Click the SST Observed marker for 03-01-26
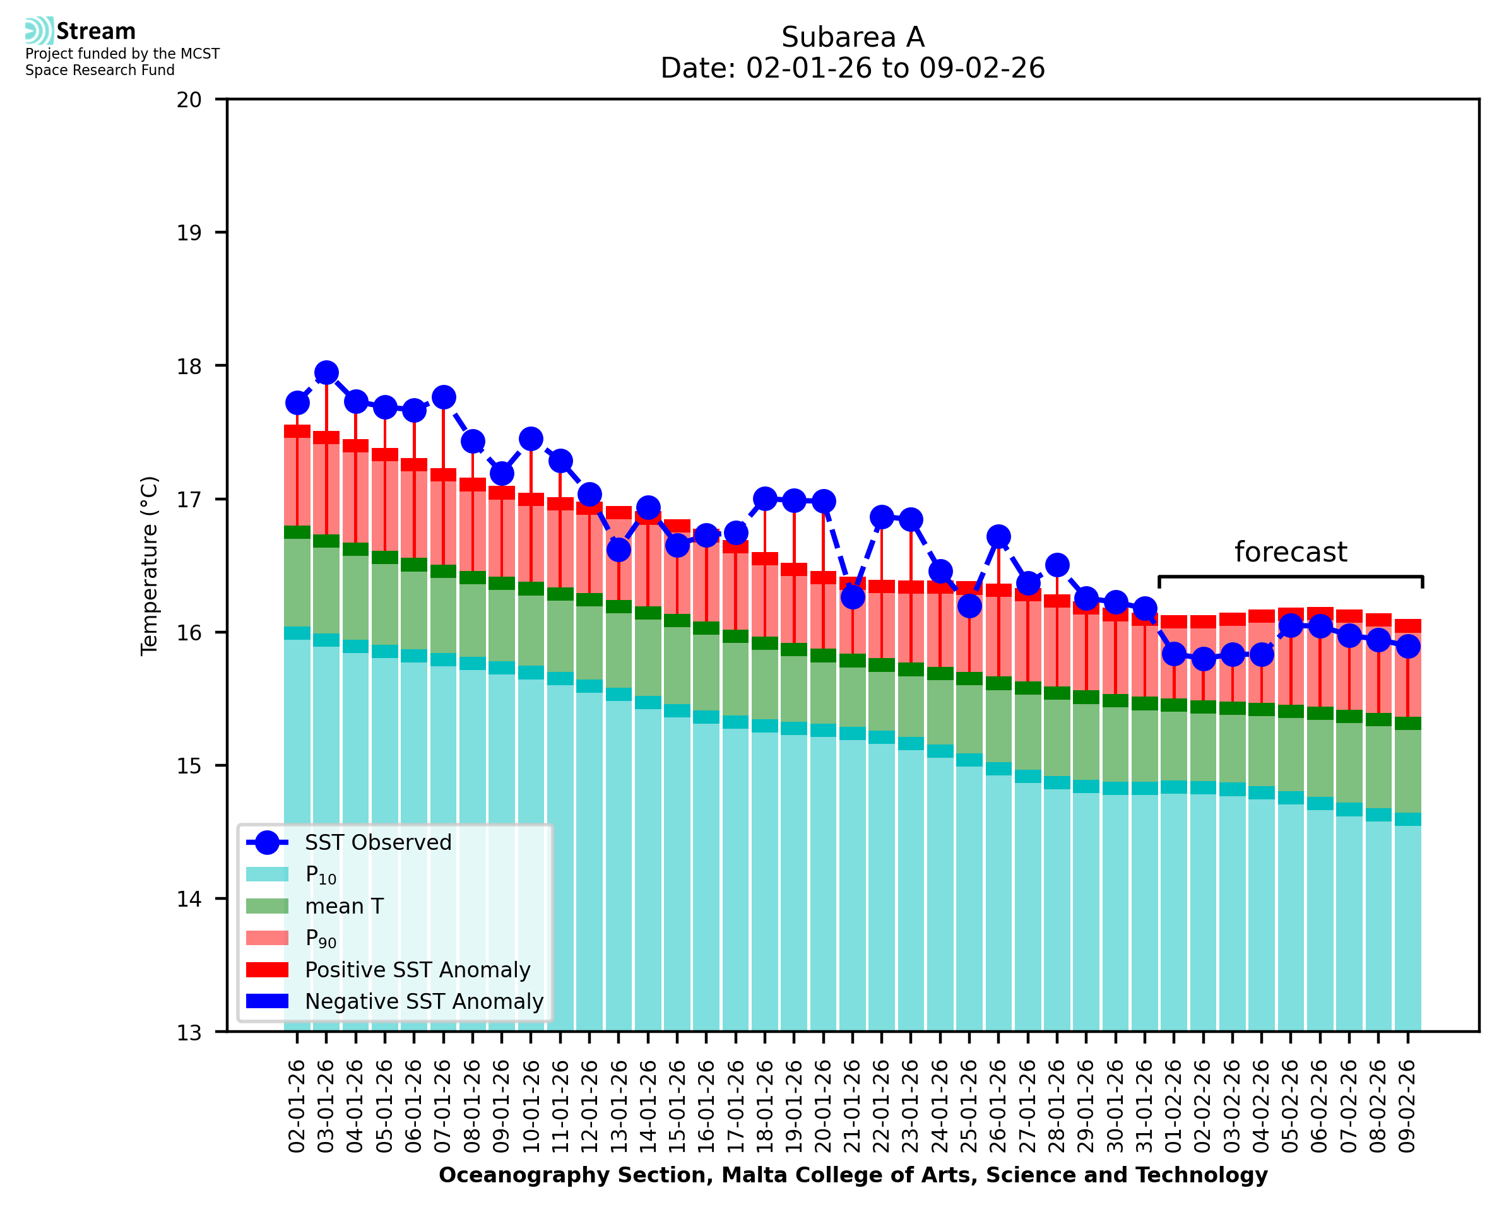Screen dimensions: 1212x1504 coord(326,373)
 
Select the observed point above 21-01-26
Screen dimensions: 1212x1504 coord(852,597)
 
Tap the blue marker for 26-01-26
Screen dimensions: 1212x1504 coord(998,536)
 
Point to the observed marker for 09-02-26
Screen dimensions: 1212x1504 coord(1407,647)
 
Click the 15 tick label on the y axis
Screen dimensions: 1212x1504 coord(189,766)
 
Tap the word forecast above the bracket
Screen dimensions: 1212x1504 coord(1289,552)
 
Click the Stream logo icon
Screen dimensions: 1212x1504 coord(39,31)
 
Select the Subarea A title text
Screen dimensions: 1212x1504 coord(852,37)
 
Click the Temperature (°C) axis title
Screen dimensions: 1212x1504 coord(150,565)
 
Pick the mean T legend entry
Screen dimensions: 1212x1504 coord(344,906)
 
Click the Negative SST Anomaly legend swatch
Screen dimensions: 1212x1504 coord(267,1001)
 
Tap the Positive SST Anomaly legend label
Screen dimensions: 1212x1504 coord(418,970)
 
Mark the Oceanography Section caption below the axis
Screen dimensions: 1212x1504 coord(853,1175)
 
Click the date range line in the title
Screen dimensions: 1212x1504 coord(852,68)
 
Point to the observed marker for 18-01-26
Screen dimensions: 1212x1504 coord(764,498)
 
